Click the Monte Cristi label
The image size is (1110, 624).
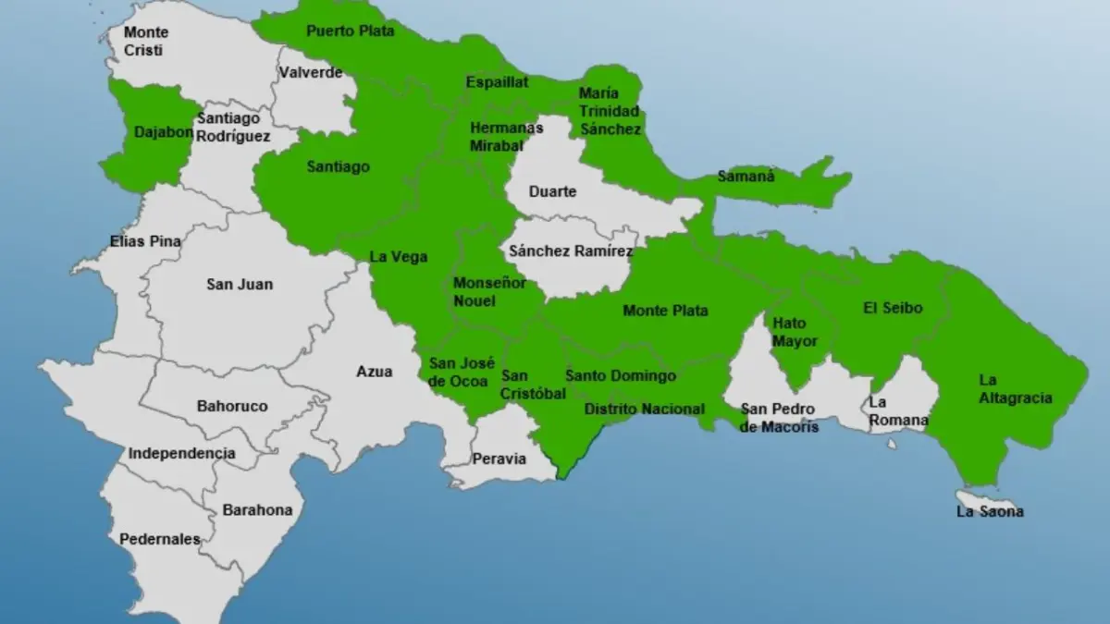coord(146,42)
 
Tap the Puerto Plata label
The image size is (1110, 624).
coord(351,31)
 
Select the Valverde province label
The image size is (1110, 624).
coord(311,72)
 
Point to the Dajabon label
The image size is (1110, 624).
coord(164,132)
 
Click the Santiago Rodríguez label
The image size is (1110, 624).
coord(233,127)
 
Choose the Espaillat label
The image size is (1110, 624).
coord(498,82)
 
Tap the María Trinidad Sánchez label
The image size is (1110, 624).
coord(610,112)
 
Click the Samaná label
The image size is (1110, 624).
coord(746,176)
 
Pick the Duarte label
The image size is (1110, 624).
coord(552,191)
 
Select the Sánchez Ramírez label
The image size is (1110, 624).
coord(571,251)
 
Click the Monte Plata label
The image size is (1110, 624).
coord(666,311)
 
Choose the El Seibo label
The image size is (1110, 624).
coord(893,308)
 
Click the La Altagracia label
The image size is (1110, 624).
coord(1015,389)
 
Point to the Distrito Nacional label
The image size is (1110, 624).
coord(645,410)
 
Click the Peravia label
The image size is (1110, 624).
coord(499,459)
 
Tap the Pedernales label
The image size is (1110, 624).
coord(159,539)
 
